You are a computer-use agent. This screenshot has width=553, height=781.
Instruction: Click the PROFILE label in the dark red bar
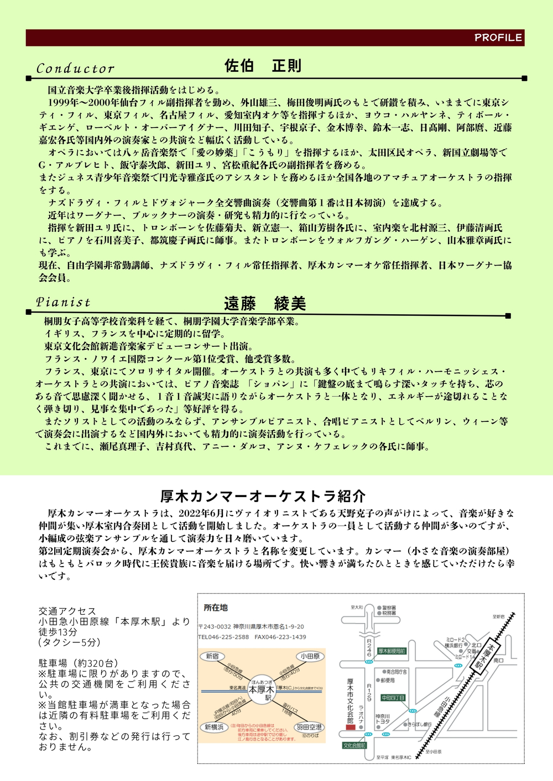point(498,38)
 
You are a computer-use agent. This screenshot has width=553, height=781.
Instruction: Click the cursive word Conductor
point(75,68)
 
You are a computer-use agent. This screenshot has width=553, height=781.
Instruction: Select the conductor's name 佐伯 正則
point(263,66)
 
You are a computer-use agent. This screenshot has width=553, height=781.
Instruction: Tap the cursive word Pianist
point(62,302)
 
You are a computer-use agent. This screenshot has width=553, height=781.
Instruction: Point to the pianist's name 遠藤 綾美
point(264,303)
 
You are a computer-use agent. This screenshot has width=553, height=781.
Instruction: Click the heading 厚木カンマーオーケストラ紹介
point(263,496)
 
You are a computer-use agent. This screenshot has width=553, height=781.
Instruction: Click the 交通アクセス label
point(67,611)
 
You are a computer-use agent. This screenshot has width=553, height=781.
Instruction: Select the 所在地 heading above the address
point(216,608)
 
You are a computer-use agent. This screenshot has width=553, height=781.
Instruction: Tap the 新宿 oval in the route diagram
point(212,656)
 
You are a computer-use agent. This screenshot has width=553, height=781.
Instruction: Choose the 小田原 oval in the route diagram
point(310,656)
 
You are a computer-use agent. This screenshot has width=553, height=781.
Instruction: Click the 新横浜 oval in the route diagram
point(213,727)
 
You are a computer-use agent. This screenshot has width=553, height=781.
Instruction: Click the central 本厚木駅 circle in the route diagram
point(262,690)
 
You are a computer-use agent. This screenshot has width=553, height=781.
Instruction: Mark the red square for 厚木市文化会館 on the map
point(351,727)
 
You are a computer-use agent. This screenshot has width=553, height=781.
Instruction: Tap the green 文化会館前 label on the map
point(354,745)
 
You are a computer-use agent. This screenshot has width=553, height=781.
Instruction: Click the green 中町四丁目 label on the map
point(393,698)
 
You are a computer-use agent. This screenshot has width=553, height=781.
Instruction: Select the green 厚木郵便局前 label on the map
point(392,651)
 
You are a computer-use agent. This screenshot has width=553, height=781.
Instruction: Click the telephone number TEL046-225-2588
point(223,637)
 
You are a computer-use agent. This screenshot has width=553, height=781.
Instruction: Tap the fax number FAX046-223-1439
point(280,637)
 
